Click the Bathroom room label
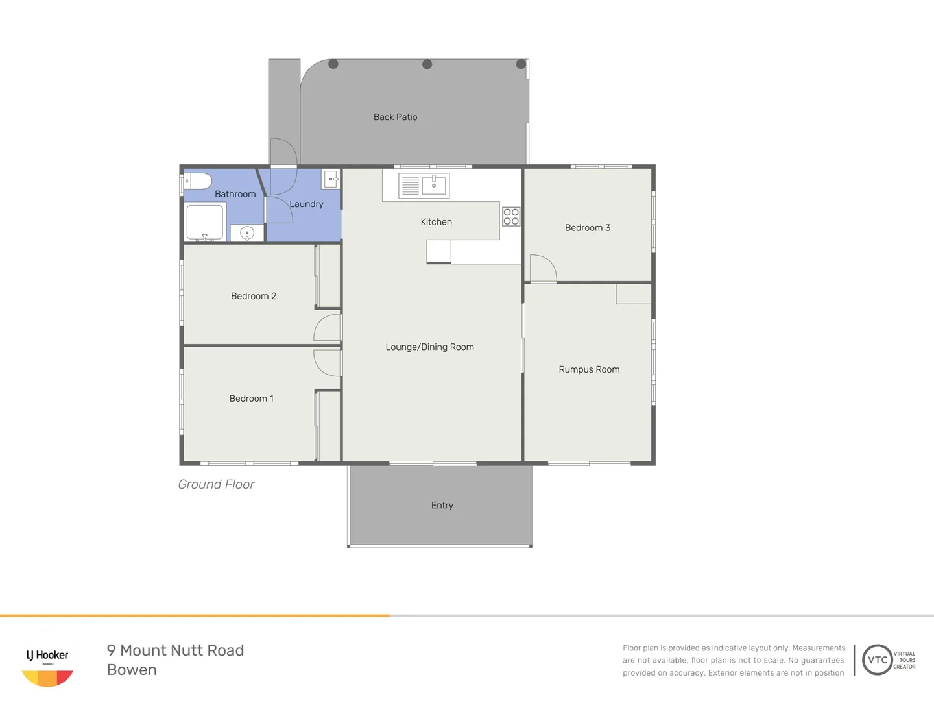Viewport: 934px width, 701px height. coord(235,194)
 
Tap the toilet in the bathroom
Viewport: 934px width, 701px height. coord(198,181)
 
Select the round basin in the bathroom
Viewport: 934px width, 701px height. coord(247,233)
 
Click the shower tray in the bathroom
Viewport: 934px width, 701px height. coord(205,222)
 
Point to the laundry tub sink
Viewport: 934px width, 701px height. coord(331,178)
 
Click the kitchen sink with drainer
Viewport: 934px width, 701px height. coord(424,185)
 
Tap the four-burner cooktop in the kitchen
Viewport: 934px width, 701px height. coord(511,216)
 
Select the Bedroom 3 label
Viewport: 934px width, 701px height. coord(587,228)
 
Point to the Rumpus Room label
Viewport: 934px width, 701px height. coord(589,369)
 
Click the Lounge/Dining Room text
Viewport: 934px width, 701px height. coord(429,347)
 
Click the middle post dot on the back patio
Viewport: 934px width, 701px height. coord(427,64)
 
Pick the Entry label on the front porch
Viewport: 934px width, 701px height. coord(442,505)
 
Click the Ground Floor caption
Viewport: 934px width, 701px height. coord(216,484)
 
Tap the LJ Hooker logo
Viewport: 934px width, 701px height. coord(47,667)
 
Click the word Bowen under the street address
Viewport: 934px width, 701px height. coord(132,670)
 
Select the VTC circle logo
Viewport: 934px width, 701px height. coord(877,659)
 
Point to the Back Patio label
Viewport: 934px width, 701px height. coord(395,117)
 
